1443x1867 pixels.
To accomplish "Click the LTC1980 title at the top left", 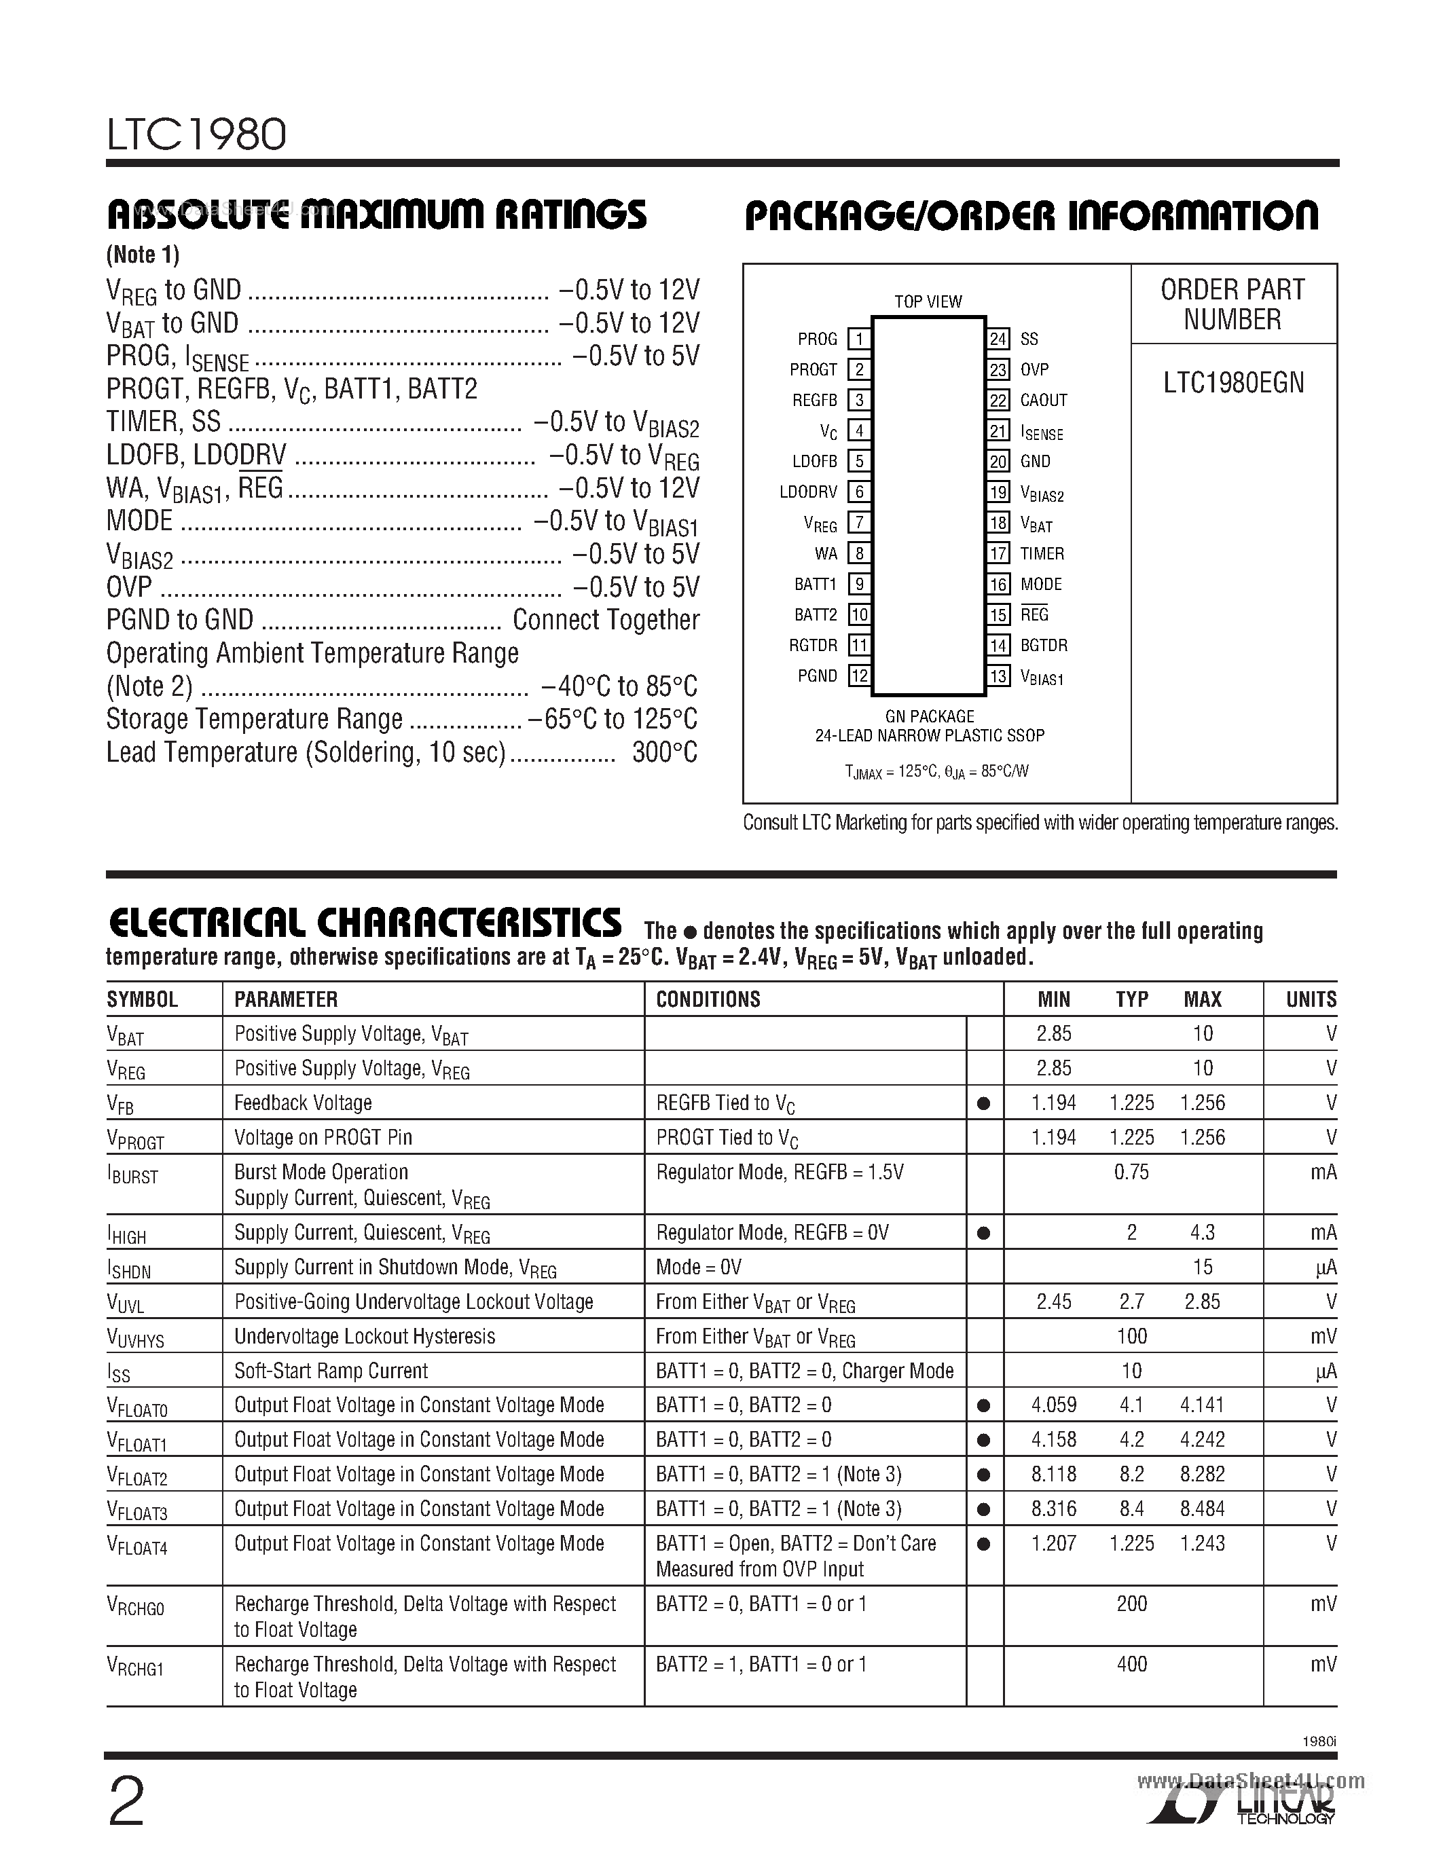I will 197,134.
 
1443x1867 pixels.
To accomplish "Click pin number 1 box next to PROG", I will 858,339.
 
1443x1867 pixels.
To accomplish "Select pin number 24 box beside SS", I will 998,339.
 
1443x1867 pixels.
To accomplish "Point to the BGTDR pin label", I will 1043,646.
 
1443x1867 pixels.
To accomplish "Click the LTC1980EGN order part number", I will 1232,383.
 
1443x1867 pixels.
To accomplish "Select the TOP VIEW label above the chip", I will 928,301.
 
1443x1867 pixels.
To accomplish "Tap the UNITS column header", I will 1311,999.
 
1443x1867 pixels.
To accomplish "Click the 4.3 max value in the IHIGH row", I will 1202,1233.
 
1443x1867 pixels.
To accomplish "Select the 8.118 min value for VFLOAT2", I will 1053,1475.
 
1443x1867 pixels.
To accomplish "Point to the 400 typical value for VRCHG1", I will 1131,1665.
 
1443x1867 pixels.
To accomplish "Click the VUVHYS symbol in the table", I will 134,1338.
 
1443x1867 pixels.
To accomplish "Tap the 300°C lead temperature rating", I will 664,753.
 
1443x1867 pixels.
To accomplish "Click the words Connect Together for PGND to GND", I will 605,620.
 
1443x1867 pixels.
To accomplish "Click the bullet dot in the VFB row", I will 983,1104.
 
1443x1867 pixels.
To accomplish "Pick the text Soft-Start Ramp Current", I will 331,1371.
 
